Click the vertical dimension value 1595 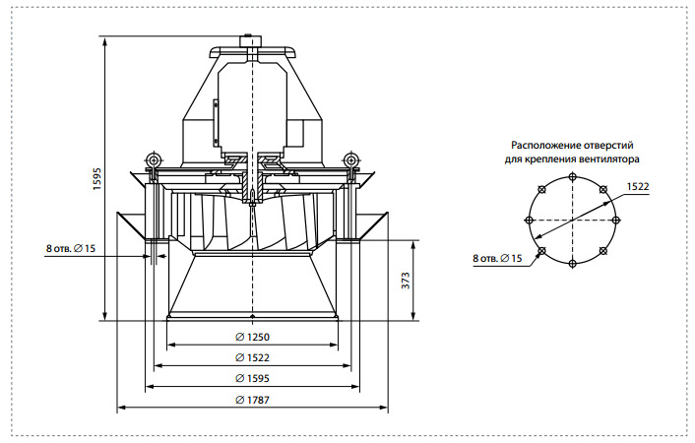tap(96, 179)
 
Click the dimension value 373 tap(406, 281)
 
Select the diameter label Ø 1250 tap(252, 337)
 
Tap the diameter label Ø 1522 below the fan tap(252, 357)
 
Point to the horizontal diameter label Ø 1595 tap(252, 378)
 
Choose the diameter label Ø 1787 tap(252, 400)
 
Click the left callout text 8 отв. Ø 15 tap(71, 248)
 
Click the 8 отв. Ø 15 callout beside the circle tap(497, 258)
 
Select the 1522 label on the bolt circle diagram tap(638, 186)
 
